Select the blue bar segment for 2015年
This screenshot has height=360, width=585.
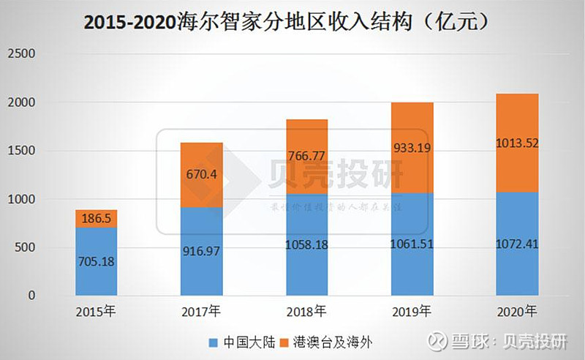(x=97, y=262)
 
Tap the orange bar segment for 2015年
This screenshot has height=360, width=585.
(x=97, y=219)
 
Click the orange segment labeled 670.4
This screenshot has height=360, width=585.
(x=202, y=175)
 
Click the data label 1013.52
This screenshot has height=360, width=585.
(x=517, y=143)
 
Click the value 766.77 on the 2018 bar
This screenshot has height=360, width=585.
(x=307, y=155)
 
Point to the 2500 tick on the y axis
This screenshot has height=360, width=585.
(x=21, y=55)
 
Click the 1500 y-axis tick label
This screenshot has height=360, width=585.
(x=21, y=151)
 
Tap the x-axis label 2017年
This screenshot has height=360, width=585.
(x=202, y=313)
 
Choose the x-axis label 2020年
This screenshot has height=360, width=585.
(x=517, y=313)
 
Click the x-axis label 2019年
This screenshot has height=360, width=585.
(x=412, y=313)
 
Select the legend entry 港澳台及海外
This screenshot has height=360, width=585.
(x=339, y=341)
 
